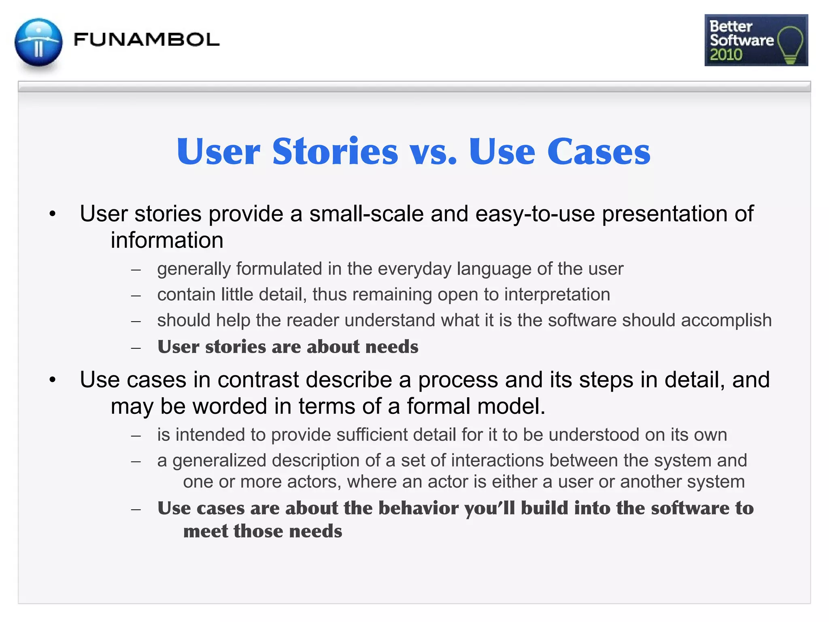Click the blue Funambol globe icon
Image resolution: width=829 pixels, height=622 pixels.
tap(38, 42)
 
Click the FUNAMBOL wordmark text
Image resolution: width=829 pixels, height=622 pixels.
tap(146, 40)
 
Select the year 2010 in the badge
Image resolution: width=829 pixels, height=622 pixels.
tap(726, 55)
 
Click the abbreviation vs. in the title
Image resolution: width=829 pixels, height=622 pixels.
tap(433, 153)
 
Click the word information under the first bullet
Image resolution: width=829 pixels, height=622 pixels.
tap(167, 240)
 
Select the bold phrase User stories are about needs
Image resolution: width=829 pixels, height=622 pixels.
tap(288, 347)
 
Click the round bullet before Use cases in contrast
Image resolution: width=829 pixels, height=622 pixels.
tap(52, 380)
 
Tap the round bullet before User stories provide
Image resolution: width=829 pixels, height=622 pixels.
tap(52, 214)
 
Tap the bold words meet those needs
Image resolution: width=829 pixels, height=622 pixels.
tap(262, 531)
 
